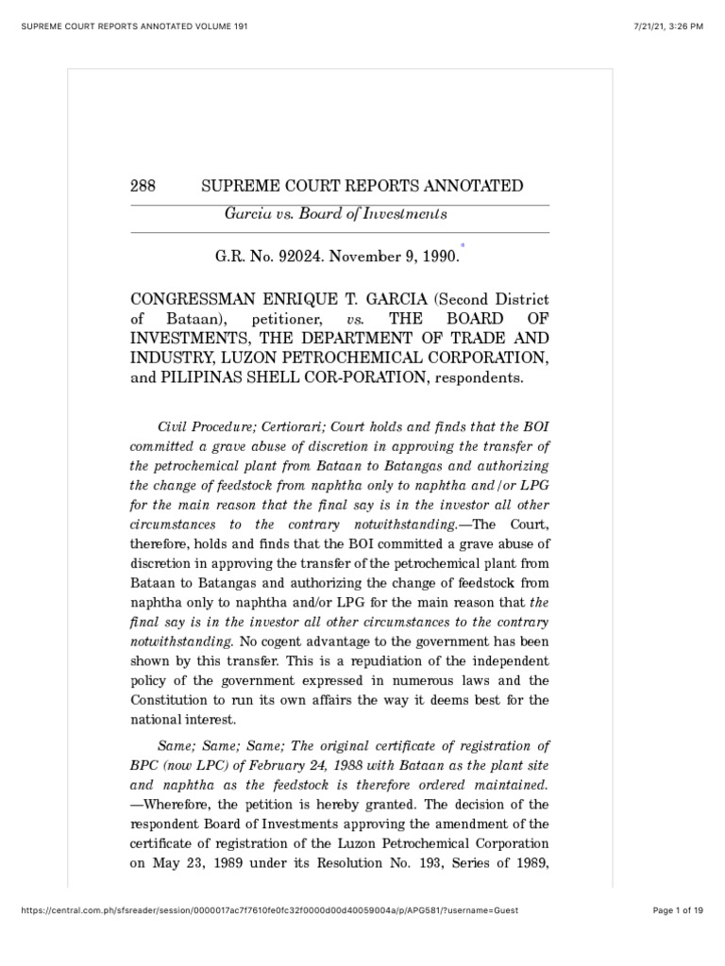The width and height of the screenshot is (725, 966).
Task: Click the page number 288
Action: (x=143, y=186)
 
